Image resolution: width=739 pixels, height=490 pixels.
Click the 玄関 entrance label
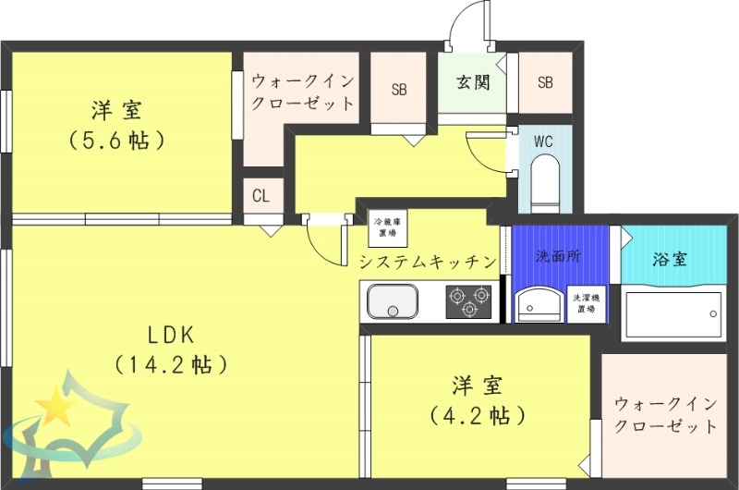point(472,82)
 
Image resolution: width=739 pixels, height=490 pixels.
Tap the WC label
point(543,141)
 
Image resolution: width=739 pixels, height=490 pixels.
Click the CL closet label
point(261,195)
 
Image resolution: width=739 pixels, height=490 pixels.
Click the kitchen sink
point(393,301)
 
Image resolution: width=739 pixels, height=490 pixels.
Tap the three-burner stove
point(467,301)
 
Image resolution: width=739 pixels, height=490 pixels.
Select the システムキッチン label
point(429,262)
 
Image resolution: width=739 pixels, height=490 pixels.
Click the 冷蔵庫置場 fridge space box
point(387,227)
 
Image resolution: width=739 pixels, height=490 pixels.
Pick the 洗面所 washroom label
point(559,257)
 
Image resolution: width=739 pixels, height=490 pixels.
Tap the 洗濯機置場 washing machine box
point(587,303)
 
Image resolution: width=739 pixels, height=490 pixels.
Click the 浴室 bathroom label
point(669,259)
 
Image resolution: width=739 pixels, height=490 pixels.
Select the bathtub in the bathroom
point(673,314)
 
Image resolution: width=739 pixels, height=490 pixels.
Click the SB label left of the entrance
point(399,90)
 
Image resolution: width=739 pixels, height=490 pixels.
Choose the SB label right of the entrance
point(545,82)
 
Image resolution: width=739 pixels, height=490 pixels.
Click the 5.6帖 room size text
point(116,140)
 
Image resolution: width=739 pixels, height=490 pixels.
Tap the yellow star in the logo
point(57,403)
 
